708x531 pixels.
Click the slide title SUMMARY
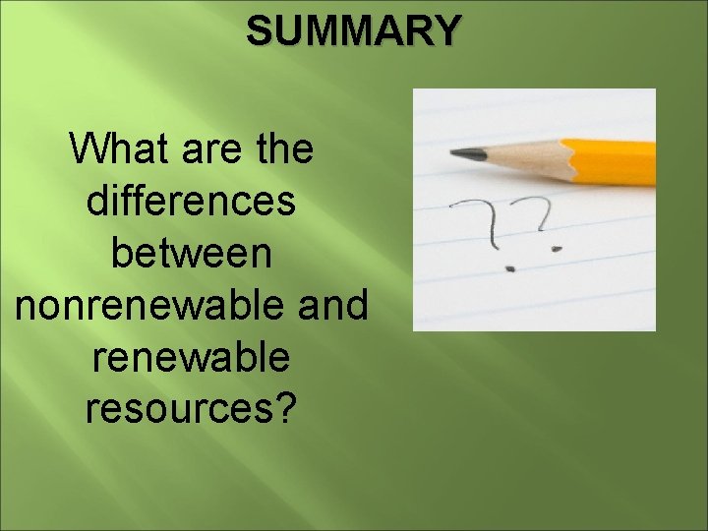(352, 30)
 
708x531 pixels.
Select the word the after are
(281, 150)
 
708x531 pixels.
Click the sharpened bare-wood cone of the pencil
(531, 157)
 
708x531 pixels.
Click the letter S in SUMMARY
(259, 30)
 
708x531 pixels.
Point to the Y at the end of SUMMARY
(444, 30)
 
